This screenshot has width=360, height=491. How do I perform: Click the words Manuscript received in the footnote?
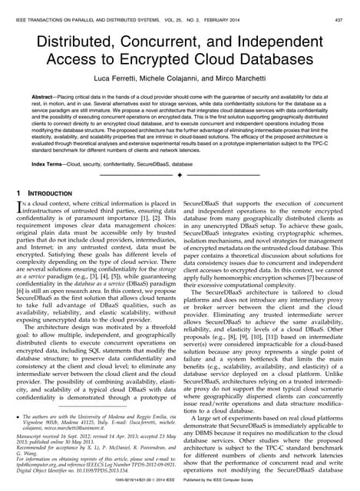pyautogui.click(x=38, y=438)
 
